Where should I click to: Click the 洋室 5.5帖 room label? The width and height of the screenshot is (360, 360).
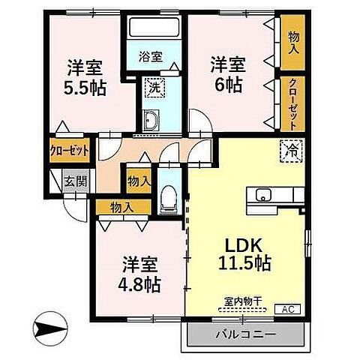[x=85, y=78]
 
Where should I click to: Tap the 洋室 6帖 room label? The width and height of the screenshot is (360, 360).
[x=228, y=74]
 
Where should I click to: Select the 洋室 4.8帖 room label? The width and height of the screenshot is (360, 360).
[x=139, y=274]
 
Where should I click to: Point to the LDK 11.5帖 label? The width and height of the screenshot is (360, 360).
[x=244, y=254]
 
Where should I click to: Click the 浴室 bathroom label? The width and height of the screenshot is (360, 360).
[x=151, y=57]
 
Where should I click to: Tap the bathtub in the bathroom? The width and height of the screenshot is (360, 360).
[x=154, y=27]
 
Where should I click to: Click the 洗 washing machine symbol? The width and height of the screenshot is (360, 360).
[x=154, y=88]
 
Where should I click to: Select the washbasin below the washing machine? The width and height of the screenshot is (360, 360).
[x=151, y=120]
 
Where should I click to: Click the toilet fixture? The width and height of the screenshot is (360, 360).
[x=169, y=199]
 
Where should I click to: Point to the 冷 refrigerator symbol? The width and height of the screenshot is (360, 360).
[x=292, y=151]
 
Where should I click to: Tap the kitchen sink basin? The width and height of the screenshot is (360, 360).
[x=263, y=195]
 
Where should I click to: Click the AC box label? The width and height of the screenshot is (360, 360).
[x=287, y=309]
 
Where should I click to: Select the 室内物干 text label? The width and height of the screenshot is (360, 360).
[x=243, y=301]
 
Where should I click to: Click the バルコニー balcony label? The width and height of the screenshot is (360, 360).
[x=246, y=334]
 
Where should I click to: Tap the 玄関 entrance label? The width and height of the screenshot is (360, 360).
[x=76, y=181]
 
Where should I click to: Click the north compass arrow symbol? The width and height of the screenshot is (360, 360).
[x=51, y=328]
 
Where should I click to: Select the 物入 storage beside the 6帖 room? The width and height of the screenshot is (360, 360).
[x=292, y=43]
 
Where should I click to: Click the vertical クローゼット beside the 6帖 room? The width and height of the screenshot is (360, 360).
[x=292, y=103]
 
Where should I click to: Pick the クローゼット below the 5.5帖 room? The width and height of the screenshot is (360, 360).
[x=69, y=151]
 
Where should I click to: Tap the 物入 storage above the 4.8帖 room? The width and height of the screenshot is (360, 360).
[x=123, y=208]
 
